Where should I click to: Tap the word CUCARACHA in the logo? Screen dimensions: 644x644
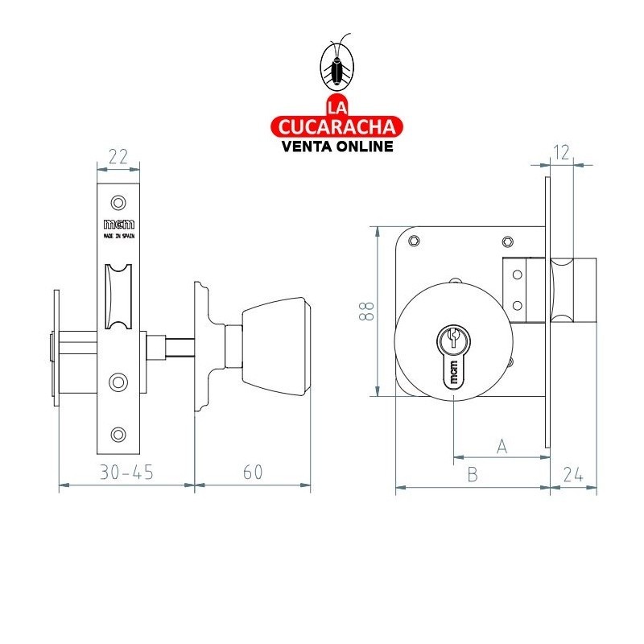[x=336, y=126]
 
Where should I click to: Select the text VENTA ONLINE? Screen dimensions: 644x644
[x=336, y=146]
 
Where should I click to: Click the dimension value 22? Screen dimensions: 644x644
[x=118, y=157]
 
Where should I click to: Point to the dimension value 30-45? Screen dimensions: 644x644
[x=127, y=473]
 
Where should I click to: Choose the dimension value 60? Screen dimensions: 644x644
[x=253, y=473]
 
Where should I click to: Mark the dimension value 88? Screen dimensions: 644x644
[x=366, y=312]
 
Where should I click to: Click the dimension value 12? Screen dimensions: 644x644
[x=562, y=151]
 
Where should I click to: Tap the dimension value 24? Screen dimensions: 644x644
[x=573, y=475]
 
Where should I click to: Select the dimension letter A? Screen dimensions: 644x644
[x=502, y=446]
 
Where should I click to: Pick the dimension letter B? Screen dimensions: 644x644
[x=473, y=475]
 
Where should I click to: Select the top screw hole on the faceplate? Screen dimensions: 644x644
[x=118, y=201]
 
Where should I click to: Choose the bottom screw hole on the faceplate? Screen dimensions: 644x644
[x=118, y=435]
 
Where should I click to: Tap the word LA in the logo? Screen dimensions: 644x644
[x=336, y=107]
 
